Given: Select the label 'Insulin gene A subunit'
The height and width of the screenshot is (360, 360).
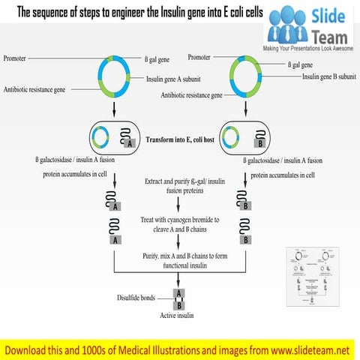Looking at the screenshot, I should point(178,77).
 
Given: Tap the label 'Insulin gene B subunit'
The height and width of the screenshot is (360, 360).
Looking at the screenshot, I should point(329,76).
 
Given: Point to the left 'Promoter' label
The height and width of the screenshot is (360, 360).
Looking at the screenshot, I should point(19,58).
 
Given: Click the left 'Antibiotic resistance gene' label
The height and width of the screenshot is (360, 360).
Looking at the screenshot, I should point(34,89).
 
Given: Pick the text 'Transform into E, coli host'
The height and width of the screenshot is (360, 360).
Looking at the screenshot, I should point(178,140).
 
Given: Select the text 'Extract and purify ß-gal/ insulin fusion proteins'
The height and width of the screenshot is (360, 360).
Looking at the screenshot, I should point(178,186).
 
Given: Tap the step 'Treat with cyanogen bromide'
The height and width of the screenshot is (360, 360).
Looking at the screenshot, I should point(179,223).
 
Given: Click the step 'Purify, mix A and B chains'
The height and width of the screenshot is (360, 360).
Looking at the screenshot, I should point(178,260).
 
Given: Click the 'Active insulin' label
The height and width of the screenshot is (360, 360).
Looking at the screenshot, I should point(178,316).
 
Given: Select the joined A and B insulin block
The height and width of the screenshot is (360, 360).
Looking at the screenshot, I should point(178,298).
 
